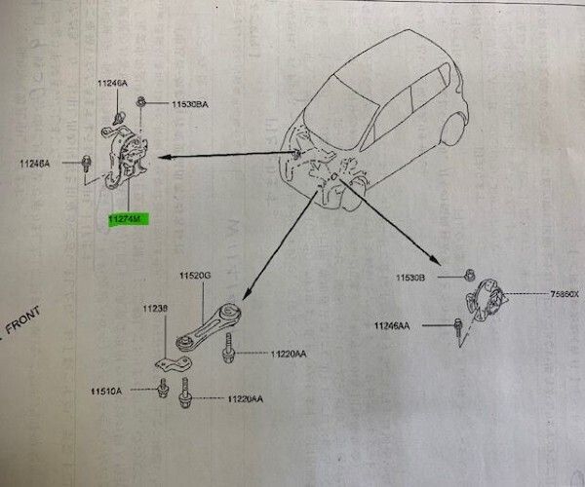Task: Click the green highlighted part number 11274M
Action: (125, 221)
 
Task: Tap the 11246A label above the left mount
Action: (112, 85)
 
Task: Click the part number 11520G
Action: (193, 277)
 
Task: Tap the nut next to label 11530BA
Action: (142, 100)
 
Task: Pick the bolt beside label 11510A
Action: (159, 392)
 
